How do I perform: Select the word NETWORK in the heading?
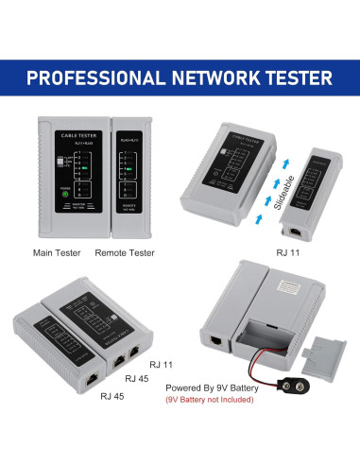[x=200, y=77]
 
